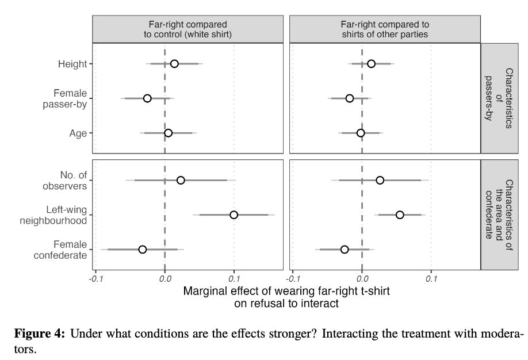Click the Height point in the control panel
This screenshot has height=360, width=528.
tap(174, 64)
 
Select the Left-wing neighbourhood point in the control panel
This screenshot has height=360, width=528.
tap(234, 215)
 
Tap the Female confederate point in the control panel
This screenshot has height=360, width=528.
tap(143, 249)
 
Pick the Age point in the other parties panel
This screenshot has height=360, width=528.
tap(361, 133)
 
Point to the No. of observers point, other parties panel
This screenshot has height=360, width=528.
tap(380, 180)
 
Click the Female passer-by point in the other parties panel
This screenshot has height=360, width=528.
tap(350, 98)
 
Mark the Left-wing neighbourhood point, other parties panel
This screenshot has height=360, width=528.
tap(400, 215)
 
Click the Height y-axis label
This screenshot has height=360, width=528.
tap(72, 64)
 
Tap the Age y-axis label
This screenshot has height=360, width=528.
tap(78, 133)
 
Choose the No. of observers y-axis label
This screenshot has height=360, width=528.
tap(73, 180)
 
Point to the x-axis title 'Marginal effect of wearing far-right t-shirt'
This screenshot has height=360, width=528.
tap(286, 292)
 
